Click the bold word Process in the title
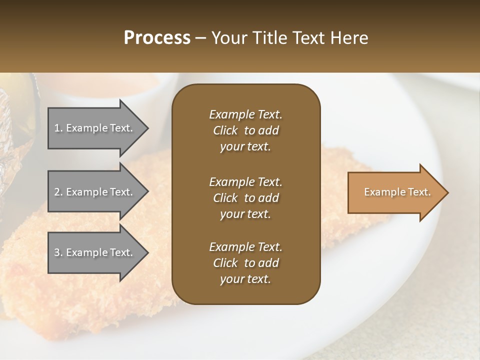tap(157, 38)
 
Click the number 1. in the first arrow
tap(58, 128)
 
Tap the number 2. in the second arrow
tap(58, 192)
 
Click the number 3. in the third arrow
tap(58, 252)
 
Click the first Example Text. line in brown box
tap(245, 114)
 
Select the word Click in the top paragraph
tap(225, 130)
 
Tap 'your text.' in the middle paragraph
tap(245, 214)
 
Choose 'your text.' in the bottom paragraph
tap(245, 279)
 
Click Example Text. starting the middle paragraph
tap(245, 181)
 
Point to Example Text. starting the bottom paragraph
tap(245, 247)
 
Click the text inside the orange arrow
tap(397, 192)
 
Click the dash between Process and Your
tap(200, 38)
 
